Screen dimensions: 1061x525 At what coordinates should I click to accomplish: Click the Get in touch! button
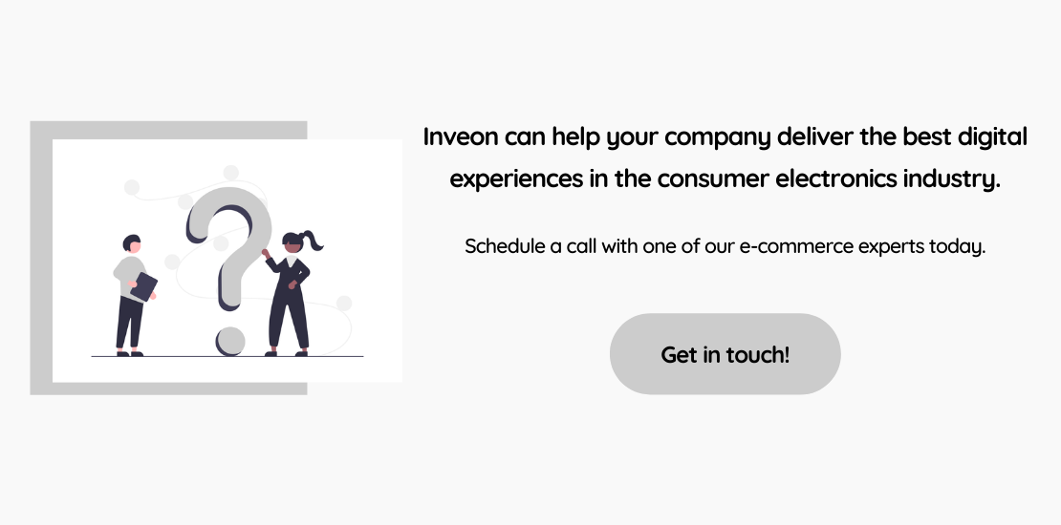(725, 354)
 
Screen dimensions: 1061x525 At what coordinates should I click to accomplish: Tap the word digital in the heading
(993, 138)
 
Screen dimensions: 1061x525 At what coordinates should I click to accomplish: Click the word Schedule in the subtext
(504, 246)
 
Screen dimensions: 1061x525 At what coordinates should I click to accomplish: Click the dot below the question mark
(230, 341)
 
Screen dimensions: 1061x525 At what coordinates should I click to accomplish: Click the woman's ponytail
(314, 241)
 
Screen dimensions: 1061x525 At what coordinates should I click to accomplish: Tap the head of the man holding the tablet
(132, 244)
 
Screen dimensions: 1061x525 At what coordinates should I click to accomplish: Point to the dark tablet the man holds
(144, 286)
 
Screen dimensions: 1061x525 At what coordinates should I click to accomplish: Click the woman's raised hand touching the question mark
(266, 254)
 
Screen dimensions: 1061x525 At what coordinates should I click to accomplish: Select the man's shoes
(129, 353)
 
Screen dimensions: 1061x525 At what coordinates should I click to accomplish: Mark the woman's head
(292, 243)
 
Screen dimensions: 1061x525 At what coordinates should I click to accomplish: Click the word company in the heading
(717, 138)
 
